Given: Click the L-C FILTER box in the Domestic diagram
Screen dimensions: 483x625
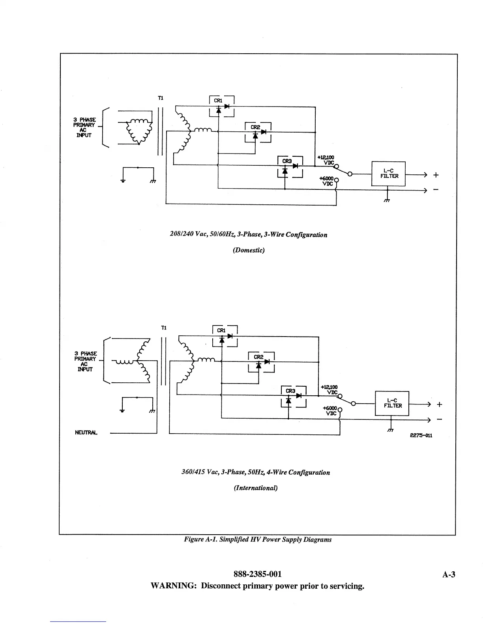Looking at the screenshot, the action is click(x=388, y=174).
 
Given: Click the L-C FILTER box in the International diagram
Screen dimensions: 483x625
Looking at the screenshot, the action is click(x=392, y=403).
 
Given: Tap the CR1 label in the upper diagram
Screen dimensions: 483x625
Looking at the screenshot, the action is click(x=218, y=101).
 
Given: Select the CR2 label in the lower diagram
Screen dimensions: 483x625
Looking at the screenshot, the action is click(x=258, y=357).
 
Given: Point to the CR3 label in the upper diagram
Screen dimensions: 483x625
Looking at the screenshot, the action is click(x=287, y=161).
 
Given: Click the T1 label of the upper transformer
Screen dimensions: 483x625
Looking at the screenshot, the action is click(x=161, y=98).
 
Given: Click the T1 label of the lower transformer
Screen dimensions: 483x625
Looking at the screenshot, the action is click(x=164, y=328).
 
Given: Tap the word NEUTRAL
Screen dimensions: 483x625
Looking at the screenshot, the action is click(x=86, y=432).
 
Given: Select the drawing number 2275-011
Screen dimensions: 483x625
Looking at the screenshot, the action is click(x=421, y=436).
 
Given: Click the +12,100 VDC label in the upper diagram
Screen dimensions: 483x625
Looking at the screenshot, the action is click(x=326, y=160).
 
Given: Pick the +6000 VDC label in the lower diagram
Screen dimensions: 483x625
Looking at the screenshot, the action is click(x=330, y=411).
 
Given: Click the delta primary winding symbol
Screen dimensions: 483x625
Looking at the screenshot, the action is click(x=139, y=131).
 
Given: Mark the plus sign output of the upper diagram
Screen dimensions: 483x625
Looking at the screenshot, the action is click(x=436, y=175).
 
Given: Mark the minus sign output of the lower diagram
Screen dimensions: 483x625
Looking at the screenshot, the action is click(x=439, y=419).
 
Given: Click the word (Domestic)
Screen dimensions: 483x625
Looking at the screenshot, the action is click(x=249, y=250).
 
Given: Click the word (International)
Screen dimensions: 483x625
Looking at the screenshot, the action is click(x=256, y=488).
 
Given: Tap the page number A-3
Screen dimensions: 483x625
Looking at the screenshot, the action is click(x=449, y=574).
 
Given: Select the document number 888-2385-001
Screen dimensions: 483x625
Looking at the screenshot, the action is click(x=257, y=574).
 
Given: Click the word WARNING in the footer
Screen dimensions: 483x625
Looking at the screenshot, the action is click(x=174, y=586).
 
